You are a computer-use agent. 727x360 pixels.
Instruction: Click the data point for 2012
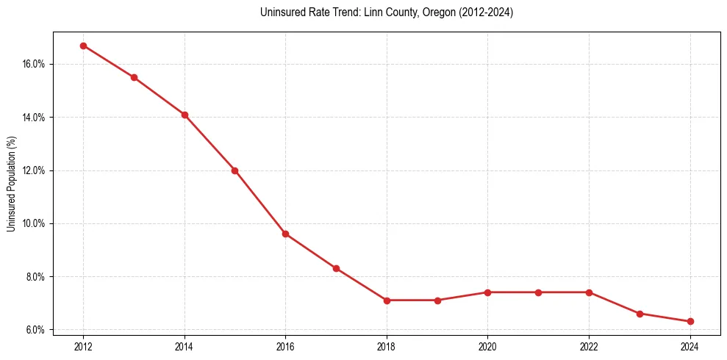(x=83, y=46)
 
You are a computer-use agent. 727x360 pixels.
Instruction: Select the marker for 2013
(x=134, y=77)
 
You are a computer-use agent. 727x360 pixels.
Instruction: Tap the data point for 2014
(x=185, y=115)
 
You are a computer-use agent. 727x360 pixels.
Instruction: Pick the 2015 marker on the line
(x=234, y=170)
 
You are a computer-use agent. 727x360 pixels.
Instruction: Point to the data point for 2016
(x=285, y=234)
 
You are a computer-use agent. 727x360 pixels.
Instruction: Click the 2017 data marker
(x=336, y=268)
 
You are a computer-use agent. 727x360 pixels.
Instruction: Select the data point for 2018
(x=387, y=300)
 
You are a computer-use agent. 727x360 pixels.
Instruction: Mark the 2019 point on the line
(x=437, y=300)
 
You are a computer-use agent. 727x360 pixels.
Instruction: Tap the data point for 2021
(x=538, y=292)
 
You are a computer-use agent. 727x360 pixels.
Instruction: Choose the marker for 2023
(x=640, y=314)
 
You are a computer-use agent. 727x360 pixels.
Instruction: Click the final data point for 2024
(x=690, y=321)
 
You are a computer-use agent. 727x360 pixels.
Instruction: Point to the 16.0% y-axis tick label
(x=34, y=64)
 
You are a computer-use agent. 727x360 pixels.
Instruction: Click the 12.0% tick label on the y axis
(x=34, y=170)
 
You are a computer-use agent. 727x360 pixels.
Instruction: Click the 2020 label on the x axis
(x=487, y=346)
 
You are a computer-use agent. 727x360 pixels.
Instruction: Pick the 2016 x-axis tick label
(x=285, y=346)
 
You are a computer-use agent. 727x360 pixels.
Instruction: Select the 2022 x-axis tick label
(x=589, y=346)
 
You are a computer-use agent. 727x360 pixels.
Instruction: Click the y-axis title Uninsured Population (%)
(x=11, y=184)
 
